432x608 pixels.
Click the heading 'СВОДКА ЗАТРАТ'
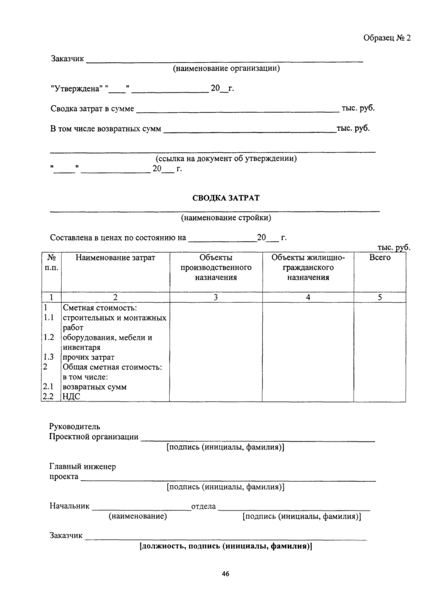(226, 198)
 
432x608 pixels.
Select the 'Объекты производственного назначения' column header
(216, 268)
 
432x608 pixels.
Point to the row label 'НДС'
(71, 397)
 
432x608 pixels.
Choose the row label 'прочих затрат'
(88, 357)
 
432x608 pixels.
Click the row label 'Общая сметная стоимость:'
(112, 367)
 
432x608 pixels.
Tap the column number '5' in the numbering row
(380, 297)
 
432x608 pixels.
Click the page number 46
(226, 575)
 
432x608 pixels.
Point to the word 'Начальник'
(69, 506)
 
